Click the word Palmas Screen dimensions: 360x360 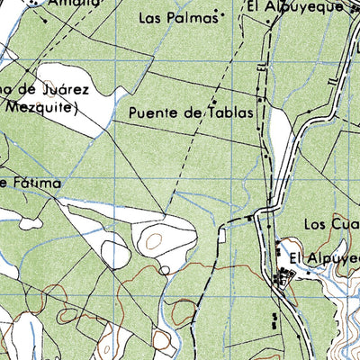(x=194, y=17)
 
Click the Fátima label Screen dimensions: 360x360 (x=35, y=184)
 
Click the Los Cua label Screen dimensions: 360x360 (x=328, y=223)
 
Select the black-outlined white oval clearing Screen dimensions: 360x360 (x=115, y=254)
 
